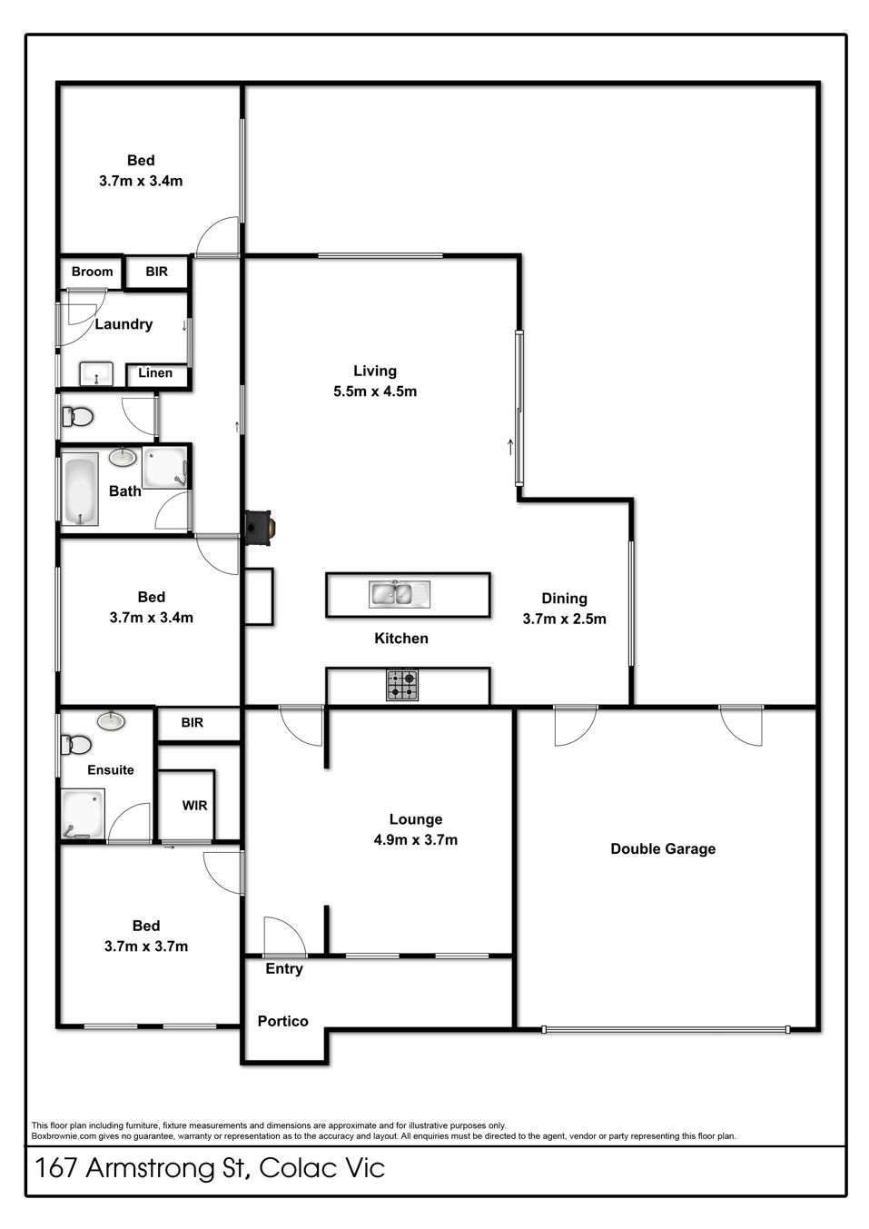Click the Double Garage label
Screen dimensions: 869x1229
663,848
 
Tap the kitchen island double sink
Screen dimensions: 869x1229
400,594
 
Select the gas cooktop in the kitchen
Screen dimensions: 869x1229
402,685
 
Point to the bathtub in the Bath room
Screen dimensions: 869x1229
80,489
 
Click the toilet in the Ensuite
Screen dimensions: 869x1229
76,745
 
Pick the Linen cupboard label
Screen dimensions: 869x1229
155,373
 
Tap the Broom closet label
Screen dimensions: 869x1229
93,272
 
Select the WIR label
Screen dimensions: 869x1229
194,806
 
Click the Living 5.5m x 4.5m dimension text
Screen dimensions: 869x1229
375,391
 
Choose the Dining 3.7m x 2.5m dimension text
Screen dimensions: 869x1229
565,619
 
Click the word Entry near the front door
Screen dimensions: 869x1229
284,969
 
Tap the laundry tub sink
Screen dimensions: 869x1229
96,374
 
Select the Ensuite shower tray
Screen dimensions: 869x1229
83,814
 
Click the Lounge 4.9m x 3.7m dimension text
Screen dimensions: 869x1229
416,839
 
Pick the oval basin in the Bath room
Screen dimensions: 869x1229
123,458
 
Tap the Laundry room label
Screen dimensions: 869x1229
123,324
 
